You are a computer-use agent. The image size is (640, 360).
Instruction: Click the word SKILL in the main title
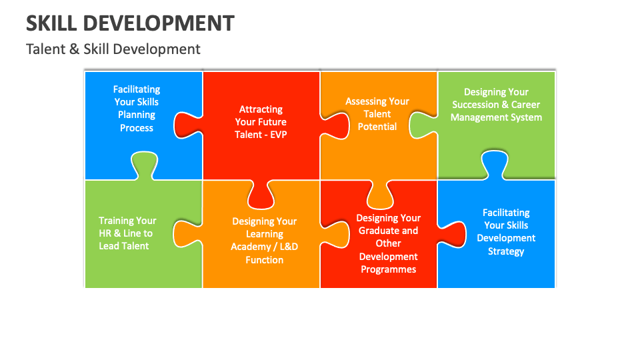pyautogui.click(x=51, y=23)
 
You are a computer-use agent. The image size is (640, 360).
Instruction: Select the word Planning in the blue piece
pyautogui.click(x=137, y=115)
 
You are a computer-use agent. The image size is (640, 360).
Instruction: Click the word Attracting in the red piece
pyautogui.click(x=261, y=109)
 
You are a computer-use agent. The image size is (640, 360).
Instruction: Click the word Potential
pyautogui.click(x=377, y=127)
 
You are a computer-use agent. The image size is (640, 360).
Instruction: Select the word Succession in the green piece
pyautogui.click(x=475, y=105)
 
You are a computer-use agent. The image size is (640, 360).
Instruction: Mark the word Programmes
pyautogui.click(x=388, y=269)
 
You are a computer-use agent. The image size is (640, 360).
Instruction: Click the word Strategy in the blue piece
pyautogui.click(x=506, y=251)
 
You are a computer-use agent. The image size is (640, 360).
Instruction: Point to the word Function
pyautogui.click(x=264, y=260)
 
